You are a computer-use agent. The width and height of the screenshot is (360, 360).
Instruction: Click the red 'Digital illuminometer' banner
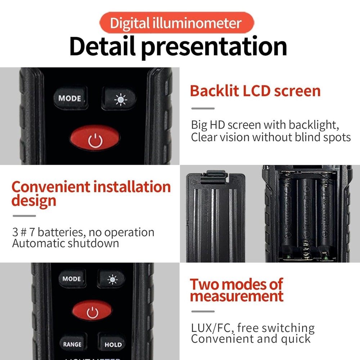[176, 23]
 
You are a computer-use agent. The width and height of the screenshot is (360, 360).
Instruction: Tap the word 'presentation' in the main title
[211, 46]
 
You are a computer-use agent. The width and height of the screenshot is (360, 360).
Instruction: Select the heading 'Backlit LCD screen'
[255, 91]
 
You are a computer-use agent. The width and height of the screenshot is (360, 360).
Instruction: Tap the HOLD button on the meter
[113, 345]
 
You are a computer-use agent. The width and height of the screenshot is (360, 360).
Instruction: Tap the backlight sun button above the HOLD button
[111, 279]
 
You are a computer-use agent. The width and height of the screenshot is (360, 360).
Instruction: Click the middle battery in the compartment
[306, 216]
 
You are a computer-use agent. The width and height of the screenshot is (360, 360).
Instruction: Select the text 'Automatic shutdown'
[66, 243]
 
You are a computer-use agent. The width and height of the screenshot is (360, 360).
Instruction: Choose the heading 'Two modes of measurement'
[237, 290]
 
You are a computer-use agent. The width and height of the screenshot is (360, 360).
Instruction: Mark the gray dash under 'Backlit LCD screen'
[203, 108]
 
